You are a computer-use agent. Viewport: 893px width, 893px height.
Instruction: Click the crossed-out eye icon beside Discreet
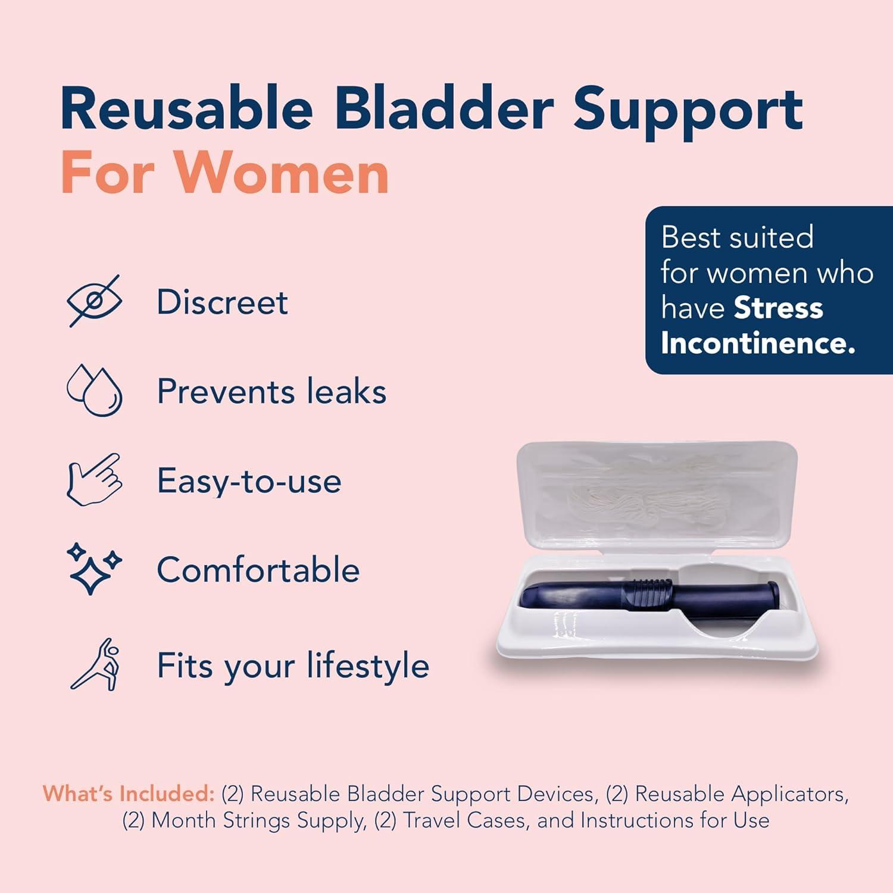point(95,301)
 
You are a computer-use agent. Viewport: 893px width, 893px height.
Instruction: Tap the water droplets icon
point(95,391)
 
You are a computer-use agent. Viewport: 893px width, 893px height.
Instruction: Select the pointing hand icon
point(95,480)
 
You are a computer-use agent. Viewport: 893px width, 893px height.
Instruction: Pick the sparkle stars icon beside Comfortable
point(93,568)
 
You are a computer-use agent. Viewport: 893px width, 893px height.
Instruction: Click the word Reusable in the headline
point(186,110)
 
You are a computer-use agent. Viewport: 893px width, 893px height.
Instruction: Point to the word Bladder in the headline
point(444,110)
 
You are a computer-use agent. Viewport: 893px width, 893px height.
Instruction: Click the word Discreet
point(222,302)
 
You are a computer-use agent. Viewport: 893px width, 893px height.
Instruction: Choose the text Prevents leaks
point(271,392)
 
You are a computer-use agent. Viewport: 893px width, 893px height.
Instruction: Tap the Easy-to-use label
point(249,481)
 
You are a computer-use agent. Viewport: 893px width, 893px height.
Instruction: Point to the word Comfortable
point(258,570)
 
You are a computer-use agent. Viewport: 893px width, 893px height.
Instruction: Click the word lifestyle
point(368,665)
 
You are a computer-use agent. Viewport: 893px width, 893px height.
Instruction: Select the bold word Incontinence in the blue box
point(757,343)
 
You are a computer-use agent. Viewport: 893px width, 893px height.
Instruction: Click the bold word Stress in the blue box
point(778,308)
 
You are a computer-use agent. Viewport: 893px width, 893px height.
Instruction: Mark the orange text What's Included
point(128,794)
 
